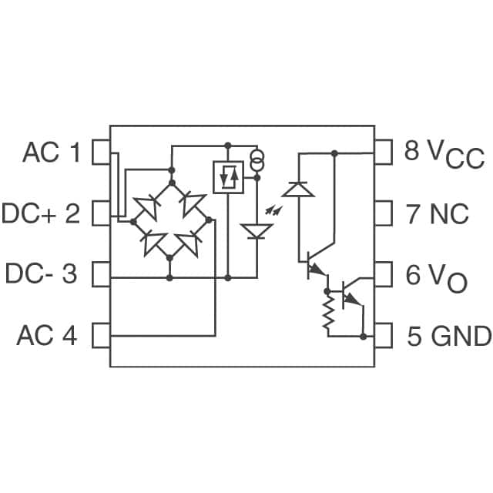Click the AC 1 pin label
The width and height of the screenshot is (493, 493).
click(52, 153)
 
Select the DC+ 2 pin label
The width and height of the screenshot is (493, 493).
click(41, 213)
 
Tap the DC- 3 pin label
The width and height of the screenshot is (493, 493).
click(42, 273)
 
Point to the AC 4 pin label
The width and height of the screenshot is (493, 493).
click(47, 335)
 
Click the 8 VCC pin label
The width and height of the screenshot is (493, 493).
click(444, 153)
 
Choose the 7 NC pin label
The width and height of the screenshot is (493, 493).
click(438, 213)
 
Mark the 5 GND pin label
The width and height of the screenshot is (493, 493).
click(449, 336)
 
